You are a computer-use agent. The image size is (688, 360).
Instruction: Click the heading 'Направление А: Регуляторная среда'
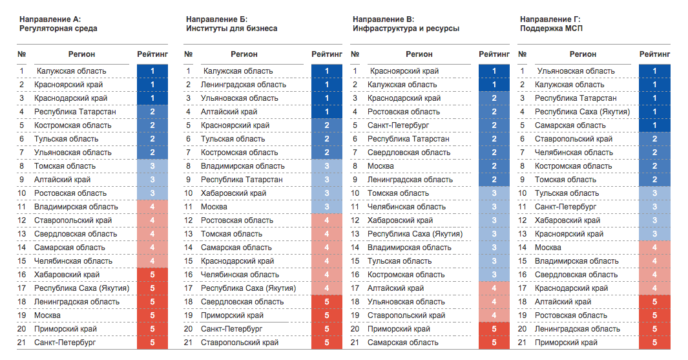(58, 24)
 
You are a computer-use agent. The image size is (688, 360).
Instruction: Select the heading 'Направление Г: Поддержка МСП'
(551, 24)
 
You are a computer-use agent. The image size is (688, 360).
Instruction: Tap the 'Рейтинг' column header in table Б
(327, 54)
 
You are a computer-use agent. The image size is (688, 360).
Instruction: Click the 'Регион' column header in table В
(419, 54)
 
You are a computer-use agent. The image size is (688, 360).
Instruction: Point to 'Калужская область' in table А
(72, 70)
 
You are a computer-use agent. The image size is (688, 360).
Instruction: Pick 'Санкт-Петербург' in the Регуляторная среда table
(65, 343)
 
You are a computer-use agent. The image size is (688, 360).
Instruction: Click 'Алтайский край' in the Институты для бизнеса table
(229, 112)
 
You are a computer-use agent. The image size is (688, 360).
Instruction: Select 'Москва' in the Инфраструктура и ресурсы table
(380, 166)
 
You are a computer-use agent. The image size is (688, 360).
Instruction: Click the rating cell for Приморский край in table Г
(654, 343)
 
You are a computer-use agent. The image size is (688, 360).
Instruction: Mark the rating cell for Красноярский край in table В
(494, 70)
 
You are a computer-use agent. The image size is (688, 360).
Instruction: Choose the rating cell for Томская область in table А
(152, 166)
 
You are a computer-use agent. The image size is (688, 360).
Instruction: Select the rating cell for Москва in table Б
(327, 207)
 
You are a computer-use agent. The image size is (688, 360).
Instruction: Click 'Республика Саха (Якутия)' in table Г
(582, 112)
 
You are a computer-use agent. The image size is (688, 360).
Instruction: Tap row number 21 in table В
(355, 343)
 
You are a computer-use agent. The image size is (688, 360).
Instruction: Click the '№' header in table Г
(522, 54)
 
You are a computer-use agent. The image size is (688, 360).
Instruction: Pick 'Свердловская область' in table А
(76, 234)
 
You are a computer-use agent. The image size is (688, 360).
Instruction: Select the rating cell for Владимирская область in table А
(152, 207)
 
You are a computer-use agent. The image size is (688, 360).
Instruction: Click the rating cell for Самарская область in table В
(494, 343)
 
